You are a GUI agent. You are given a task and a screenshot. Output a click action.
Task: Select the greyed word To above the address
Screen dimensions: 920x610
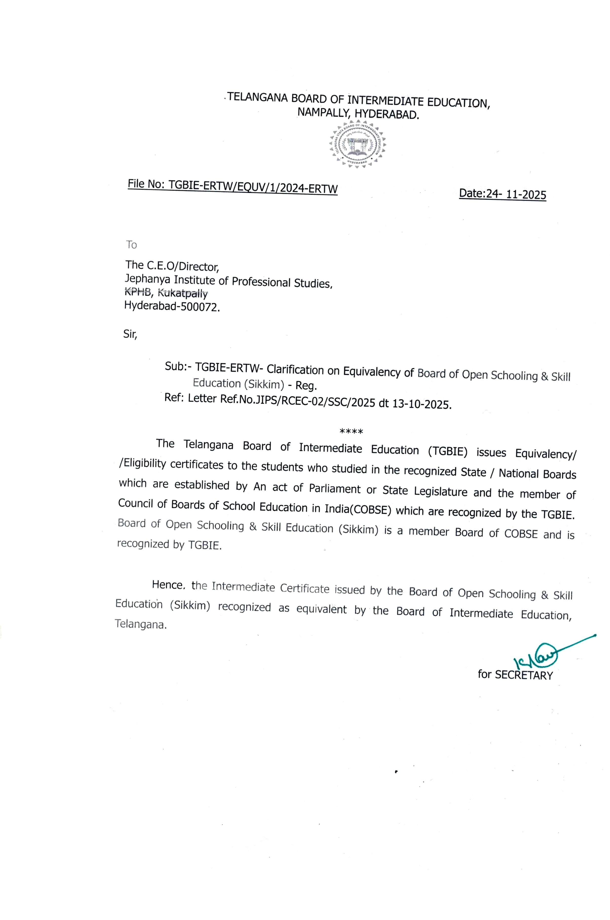pos(131,244)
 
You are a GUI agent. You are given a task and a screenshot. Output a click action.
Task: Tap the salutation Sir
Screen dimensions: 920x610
pos(130,334)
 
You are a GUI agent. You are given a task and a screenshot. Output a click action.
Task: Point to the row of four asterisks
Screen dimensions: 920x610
pos(351,432)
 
